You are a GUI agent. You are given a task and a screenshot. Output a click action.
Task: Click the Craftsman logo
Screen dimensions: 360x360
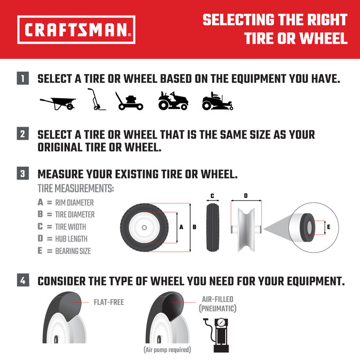[x=76, y=30]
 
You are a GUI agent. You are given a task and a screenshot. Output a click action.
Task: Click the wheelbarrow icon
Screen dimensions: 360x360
[x=58, y=102]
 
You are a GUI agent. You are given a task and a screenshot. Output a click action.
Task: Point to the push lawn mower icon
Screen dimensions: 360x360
[x=129, y=101]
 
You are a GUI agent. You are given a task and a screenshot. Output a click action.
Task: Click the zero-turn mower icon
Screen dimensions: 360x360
[x=217, y=101]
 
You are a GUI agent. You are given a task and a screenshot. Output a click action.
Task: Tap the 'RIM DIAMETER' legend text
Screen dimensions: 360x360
[x=74, y=202]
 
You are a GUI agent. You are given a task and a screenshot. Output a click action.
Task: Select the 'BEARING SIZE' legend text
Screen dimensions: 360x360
[x=73, y=251]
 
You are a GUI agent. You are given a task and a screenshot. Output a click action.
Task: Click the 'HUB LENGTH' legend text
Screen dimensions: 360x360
[x=72, y=239]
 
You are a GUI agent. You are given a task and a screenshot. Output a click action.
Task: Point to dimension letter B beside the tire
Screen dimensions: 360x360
[x=195, y=227]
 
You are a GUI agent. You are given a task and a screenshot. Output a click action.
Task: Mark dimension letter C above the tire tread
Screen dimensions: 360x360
[x=213, y=196]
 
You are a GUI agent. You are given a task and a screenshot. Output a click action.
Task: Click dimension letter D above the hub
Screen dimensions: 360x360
[x=246, y=196]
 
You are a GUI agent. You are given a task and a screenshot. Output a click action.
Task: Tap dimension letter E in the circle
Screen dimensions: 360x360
[x=328, y=227]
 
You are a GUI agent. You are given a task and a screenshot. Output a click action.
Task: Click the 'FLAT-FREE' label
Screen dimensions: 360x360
[x=109, y=302]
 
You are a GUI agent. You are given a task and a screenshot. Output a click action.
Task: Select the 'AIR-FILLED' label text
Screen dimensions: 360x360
[x=217, y=299]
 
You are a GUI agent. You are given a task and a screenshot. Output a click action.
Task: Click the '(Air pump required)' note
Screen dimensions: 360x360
[x=167, y=349]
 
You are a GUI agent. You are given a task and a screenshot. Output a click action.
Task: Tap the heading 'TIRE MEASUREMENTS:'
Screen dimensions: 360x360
[x=75, y=188]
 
